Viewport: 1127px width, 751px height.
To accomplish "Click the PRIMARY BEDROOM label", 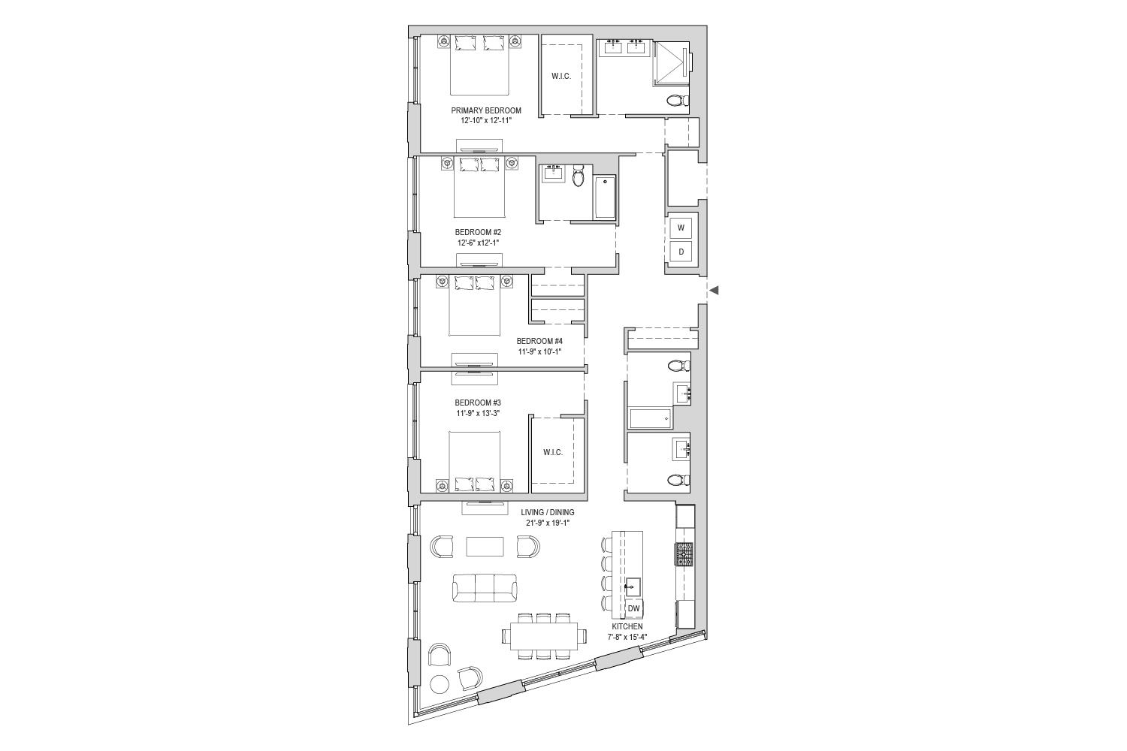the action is (x=486, y=110).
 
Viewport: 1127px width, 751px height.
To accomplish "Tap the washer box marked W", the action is (x=681, y=228).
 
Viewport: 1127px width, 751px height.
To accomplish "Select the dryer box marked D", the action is (x=681, y=252).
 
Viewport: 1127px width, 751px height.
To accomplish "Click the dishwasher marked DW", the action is (x=634, y=608).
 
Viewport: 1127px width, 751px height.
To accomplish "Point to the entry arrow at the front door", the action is (x=714, y=290).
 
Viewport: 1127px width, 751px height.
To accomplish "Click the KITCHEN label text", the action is (x=627, y=626).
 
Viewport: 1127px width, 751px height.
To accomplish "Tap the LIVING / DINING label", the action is (x=548, y=512).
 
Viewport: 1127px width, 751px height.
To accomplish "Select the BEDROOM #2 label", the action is (x=478, y=232).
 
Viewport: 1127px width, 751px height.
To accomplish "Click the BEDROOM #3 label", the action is (x=478, y=403).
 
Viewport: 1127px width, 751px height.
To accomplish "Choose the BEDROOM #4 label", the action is (x=539, y=340).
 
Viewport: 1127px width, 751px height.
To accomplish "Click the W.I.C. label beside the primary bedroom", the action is (x=561, y=76).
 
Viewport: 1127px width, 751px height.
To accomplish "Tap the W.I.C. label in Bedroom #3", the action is (x=553, y=452).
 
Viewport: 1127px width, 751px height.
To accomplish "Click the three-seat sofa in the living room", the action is (x=485, y=587).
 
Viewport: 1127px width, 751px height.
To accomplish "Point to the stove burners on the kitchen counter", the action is (x=684, y=555).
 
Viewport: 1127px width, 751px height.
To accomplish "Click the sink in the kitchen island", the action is (x=633, y=587).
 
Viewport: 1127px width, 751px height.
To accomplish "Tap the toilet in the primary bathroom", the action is (x=678, y=101).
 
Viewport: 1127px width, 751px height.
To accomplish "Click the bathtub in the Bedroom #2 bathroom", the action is (x=606, y=197).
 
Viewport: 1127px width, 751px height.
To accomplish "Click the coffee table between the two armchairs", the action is (x=485, y=546).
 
